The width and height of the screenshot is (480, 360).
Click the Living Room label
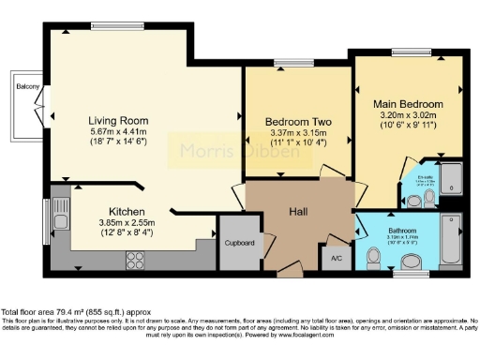click(120, 121)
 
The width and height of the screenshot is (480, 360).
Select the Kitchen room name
click(126, 212)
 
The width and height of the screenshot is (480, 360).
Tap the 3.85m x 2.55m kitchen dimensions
click(126, 223)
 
